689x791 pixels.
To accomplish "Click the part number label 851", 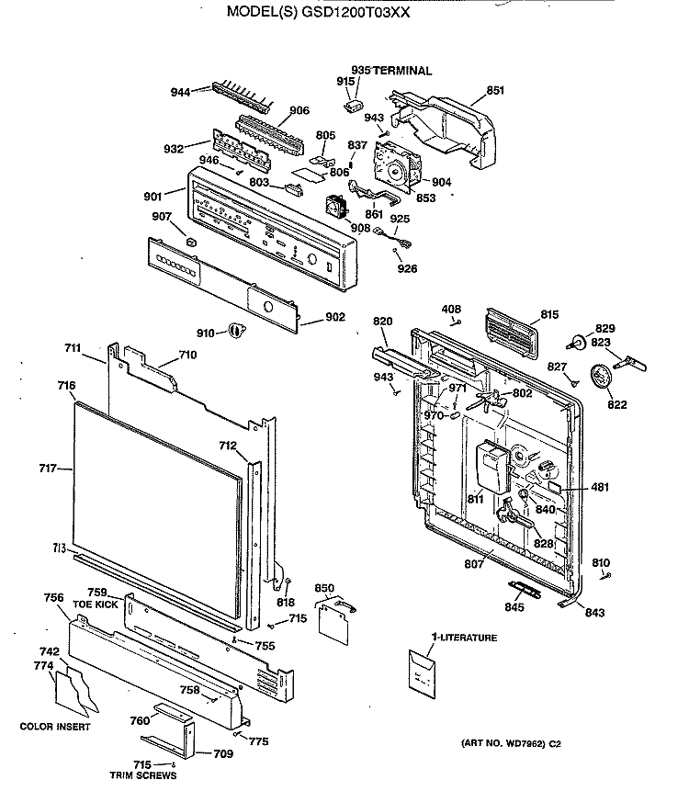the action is [x=495, y=90].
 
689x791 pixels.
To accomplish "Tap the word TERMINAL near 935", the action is [x=402, y=71].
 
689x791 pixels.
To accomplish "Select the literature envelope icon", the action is [x=422, y=674].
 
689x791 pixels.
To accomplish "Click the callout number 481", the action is [x=600, y=487].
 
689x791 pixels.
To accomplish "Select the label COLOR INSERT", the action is [x=55, y=727].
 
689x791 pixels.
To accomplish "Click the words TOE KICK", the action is [x=96, y=604].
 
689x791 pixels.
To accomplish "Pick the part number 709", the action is [x=223, y=753].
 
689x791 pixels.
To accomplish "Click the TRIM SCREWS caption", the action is [x=143, y=775].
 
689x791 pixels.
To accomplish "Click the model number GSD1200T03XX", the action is [x=356, y=12].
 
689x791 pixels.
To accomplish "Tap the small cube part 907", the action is [x=191, y=242].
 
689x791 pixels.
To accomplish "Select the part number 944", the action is [x=180, y=92].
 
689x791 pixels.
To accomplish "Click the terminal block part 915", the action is [x=354, y=105].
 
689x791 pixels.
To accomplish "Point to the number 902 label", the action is [x=335, y=317].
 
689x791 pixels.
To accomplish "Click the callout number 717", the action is [x=48, y=469].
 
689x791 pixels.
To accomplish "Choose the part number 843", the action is [x=594, y=613].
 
